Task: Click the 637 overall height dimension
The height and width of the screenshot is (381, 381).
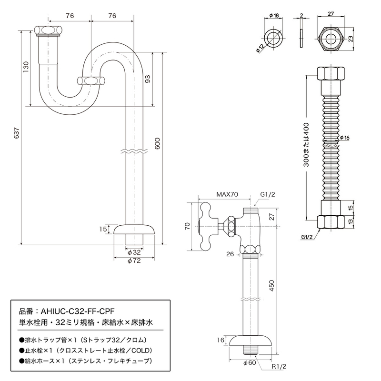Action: click(x=17, y=133)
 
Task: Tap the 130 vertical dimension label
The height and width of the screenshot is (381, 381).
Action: click(x=26, y=67)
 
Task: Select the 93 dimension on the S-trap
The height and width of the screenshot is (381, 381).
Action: click(x=148, y=79)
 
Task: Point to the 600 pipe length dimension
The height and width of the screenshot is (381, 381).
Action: click(x=158, y=143)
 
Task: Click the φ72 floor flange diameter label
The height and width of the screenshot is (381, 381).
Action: click(x=134, y=261)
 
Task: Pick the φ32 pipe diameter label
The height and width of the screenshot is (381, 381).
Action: click(x=134, y=252)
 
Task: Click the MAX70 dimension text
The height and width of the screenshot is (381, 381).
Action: click(x=227, y=194)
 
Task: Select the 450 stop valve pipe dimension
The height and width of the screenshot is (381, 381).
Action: click(x=272, y=286)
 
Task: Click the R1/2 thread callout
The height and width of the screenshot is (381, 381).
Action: click(x=279, y=366)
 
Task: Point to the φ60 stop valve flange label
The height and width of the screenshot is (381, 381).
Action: click(x=250, y=363)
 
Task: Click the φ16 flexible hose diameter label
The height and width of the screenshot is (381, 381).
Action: click(x=344, y=138)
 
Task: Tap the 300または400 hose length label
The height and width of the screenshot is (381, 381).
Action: click(x=306, y=145)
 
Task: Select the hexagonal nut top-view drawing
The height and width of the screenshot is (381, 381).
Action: click(x=331, y=39)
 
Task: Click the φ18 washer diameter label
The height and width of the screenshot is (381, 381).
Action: click(x=274, y=16)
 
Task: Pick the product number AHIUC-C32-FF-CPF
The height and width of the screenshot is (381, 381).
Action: click(x=78, y=311)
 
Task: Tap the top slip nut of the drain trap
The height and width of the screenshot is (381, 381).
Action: click(x=48, y=30)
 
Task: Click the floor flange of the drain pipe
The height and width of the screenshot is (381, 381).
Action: click(x=134, y=230)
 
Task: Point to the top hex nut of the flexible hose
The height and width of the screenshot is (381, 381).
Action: click(x=331, y=73)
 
